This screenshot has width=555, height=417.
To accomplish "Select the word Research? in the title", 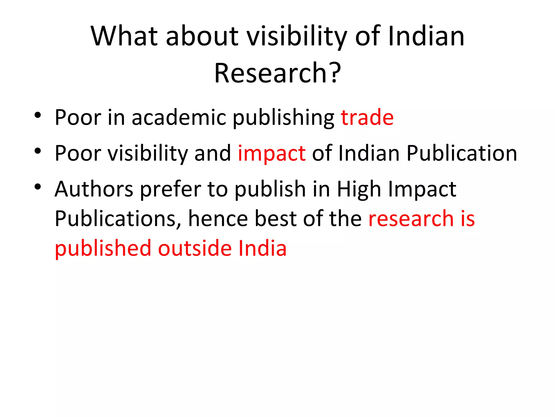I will [x=277, y=73].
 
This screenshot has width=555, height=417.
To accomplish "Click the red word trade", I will [x=367, y=117].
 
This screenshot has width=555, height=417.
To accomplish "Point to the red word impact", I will [x=272, y=154].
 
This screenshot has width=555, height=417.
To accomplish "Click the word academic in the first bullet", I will [x=179, y=117].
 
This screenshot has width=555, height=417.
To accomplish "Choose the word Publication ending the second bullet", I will [x=462, y=153].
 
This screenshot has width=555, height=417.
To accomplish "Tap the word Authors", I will [x=94, y=189].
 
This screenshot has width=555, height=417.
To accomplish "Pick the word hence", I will [x=218, y=219].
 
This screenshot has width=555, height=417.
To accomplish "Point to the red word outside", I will [x=195, y=248].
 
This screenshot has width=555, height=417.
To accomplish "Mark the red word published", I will [x=103, y=249].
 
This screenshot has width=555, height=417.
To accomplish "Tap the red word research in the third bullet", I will [x=411, y=219].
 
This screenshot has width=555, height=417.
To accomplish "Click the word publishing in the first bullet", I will [x=283, y=118].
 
